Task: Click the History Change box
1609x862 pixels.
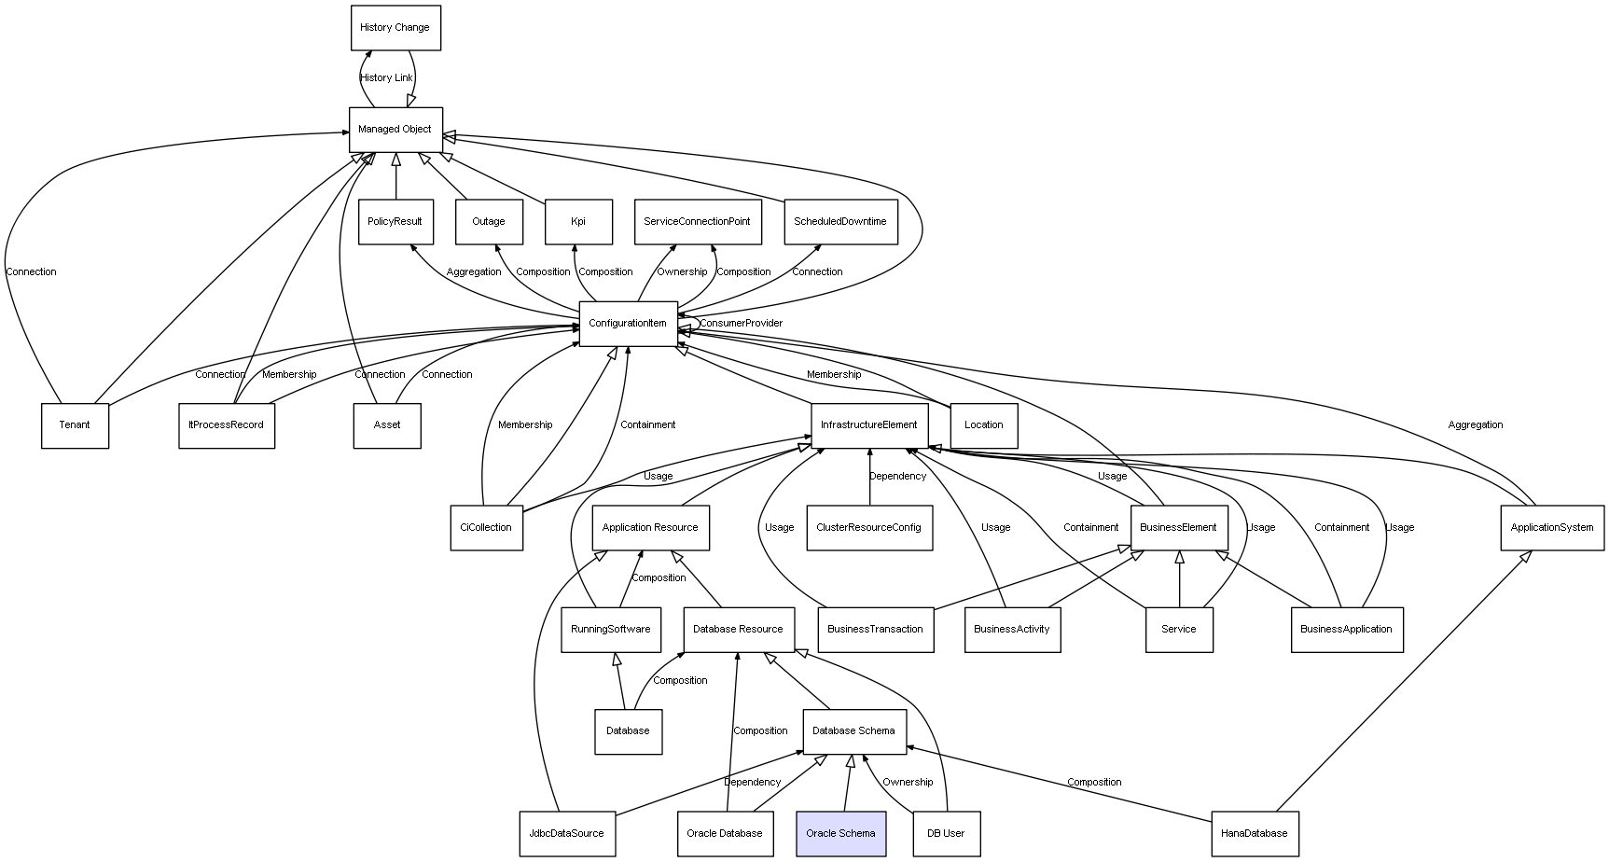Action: pos(395,28)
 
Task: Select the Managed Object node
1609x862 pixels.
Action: pos(395,130)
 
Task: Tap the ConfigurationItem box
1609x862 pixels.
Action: pos(628,324)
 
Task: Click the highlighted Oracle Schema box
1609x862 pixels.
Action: pos(840,833)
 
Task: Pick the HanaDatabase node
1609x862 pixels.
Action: pos(1254,833)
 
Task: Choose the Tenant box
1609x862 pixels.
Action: pos(75,425)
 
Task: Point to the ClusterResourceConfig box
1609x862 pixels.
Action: pos(868,528)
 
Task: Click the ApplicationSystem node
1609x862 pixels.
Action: pos(1551,528)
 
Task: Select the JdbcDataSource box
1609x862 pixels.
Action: pos(567,833)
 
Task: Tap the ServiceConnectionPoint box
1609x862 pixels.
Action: pos(697,222)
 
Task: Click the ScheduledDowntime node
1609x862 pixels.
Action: pos(840,222)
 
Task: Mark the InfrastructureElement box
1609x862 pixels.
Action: pos(869,425)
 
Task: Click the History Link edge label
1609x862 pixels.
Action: pos(386,78)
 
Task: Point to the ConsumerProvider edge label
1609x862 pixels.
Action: pos(742,324)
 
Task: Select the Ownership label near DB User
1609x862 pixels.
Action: pos(908,783)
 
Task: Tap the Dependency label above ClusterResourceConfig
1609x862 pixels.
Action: pos(897,477)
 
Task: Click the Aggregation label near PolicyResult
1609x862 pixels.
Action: pos(474,272)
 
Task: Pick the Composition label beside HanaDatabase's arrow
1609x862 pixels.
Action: pos(1094,783)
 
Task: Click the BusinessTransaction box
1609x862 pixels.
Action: pos(875,630)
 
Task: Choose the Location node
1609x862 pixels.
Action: pos(984,425)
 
